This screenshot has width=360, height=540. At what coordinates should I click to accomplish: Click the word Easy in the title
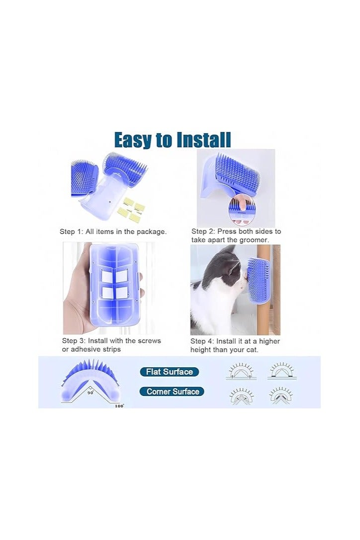tap(133, 140)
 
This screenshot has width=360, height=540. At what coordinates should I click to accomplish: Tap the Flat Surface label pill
tap(169, 372)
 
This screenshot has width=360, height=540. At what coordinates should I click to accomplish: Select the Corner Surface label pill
tap(172, 391)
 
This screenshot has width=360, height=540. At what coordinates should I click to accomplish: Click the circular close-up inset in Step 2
tap(242, 211)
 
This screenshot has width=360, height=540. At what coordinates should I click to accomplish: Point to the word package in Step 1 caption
tap(151, 232)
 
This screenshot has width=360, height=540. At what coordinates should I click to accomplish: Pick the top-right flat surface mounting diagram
tap(282, 371)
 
